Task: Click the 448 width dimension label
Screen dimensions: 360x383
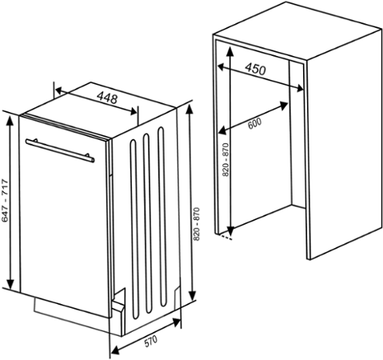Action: tap(107, 98)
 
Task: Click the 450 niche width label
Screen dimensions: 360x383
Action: tap(254, 70)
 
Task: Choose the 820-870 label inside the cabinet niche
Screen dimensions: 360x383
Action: tap(225, 159)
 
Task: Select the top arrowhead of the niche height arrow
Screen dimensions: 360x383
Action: tap(229, 50)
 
